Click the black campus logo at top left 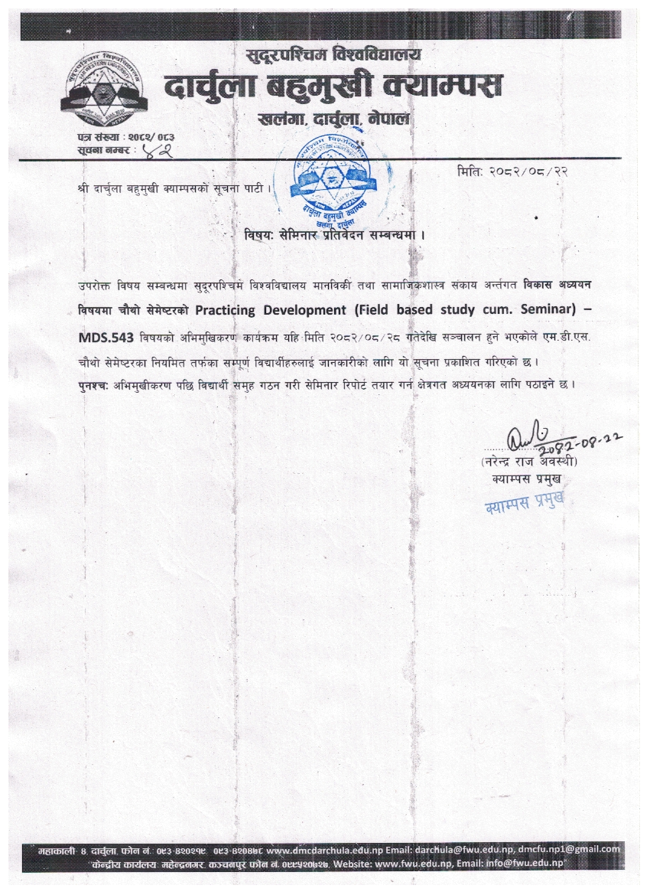(x=103, y=90)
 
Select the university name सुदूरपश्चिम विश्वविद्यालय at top (x=333, y=55)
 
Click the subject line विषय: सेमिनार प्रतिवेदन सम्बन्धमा (x=334, y=234)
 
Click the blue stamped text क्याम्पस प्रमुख (x=526, y=505)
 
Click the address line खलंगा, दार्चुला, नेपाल (x=334, y=119)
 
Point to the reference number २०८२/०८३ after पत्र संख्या (x=157, y=136)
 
